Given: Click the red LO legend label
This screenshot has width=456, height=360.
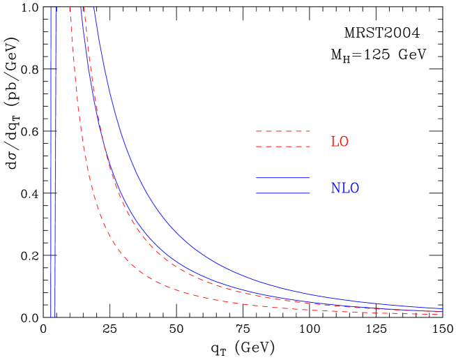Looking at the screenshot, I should click(339, 142).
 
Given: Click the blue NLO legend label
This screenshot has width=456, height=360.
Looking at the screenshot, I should click(344, 188).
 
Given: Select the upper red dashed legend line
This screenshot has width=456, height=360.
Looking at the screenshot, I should click(283, 131).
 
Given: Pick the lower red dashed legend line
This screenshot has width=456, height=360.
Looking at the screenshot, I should click(283, 147).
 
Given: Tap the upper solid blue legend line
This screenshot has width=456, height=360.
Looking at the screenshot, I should click(283, 178).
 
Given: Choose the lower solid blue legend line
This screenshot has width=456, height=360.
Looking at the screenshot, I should click(283, 193).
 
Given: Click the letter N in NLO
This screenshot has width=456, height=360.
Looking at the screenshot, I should click(335, 188).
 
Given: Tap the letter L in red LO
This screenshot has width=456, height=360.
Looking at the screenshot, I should click(334, 142).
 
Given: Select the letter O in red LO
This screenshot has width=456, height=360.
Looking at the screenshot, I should click(344, 142).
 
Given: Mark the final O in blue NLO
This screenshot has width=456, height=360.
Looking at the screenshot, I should click(354, 188).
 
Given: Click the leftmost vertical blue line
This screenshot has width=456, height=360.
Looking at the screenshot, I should click(51, 160).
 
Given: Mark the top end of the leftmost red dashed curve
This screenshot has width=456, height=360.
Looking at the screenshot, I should click(70, 8).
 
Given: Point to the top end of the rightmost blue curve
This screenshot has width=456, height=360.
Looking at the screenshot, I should click(94, 8).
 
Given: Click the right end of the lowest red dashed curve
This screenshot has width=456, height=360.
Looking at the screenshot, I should click(443, 315).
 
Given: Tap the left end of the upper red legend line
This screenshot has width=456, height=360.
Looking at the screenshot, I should click(257, 131).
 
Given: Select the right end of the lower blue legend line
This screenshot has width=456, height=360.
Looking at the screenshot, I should click(310, 193).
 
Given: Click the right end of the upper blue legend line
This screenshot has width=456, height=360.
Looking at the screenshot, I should click(310, 178).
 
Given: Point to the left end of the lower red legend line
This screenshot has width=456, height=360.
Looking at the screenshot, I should click(257, 147).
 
